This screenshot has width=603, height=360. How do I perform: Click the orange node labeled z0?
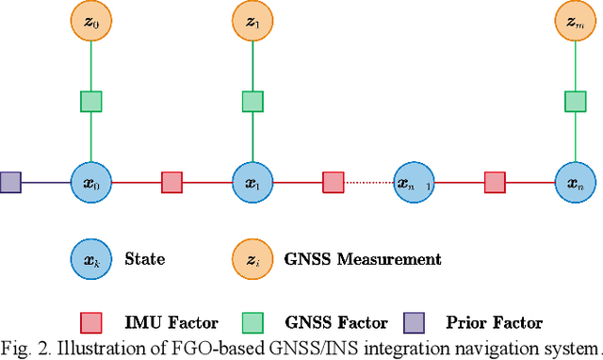[90, 21]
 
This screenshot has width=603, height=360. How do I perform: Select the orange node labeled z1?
[253, 21]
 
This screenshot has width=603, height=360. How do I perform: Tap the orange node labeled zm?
[574, 21]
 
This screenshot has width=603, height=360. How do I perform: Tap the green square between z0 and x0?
[90, 100]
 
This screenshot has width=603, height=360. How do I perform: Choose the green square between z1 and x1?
[253, 100]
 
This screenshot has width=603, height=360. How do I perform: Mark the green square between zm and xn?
[574, 100]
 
